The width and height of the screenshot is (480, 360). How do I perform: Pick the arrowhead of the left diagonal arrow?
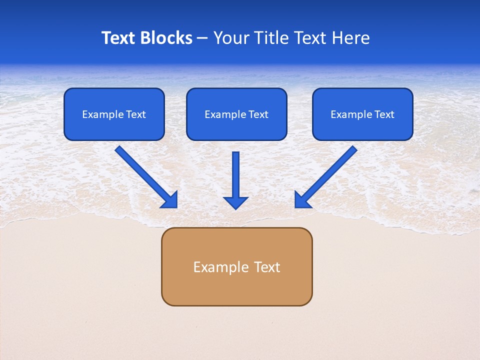click(x=170, y=200)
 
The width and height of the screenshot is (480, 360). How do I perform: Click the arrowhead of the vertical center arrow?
click(x=235, y=203)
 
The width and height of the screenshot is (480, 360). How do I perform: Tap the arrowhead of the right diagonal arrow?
click(x=302, y=200)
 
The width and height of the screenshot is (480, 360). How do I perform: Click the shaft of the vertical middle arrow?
click(x=235, y=172)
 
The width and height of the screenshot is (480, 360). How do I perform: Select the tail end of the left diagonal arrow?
click(x=120, y=150)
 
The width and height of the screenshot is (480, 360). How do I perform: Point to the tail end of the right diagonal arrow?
click(x=352, y=150)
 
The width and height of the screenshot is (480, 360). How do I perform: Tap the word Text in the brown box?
click(x=267, y=267)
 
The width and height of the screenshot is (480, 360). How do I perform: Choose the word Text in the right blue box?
click(x=384, y=114)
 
